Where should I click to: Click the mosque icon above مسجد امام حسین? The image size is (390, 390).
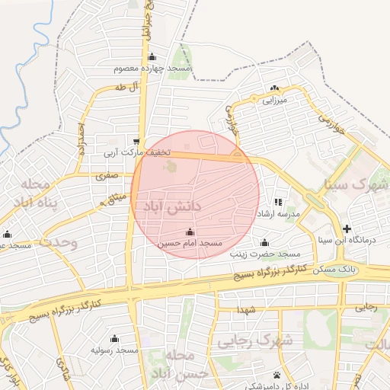[190, 232]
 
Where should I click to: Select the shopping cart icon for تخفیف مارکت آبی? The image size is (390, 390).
[136, 141]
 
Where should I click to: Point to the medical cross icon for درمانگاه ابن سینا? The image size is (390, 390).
[347, 229]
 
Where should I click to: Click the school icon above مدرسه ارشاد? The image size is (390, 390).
[278, 203]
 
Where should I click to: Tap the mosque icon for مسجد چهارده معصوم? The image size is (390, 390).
[152, 56]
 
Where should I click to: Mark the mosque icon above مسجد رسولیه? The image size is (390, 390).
[114, 338]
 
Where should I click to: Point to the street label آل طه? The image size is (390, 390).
[124, 87]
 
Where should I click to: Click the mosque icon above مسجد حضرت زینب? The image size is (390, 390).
[264, 243]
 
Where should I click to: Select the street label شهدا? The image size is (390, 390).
[245, 310]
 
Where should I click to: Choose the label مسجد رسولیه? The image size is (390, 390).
[115, 350]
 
